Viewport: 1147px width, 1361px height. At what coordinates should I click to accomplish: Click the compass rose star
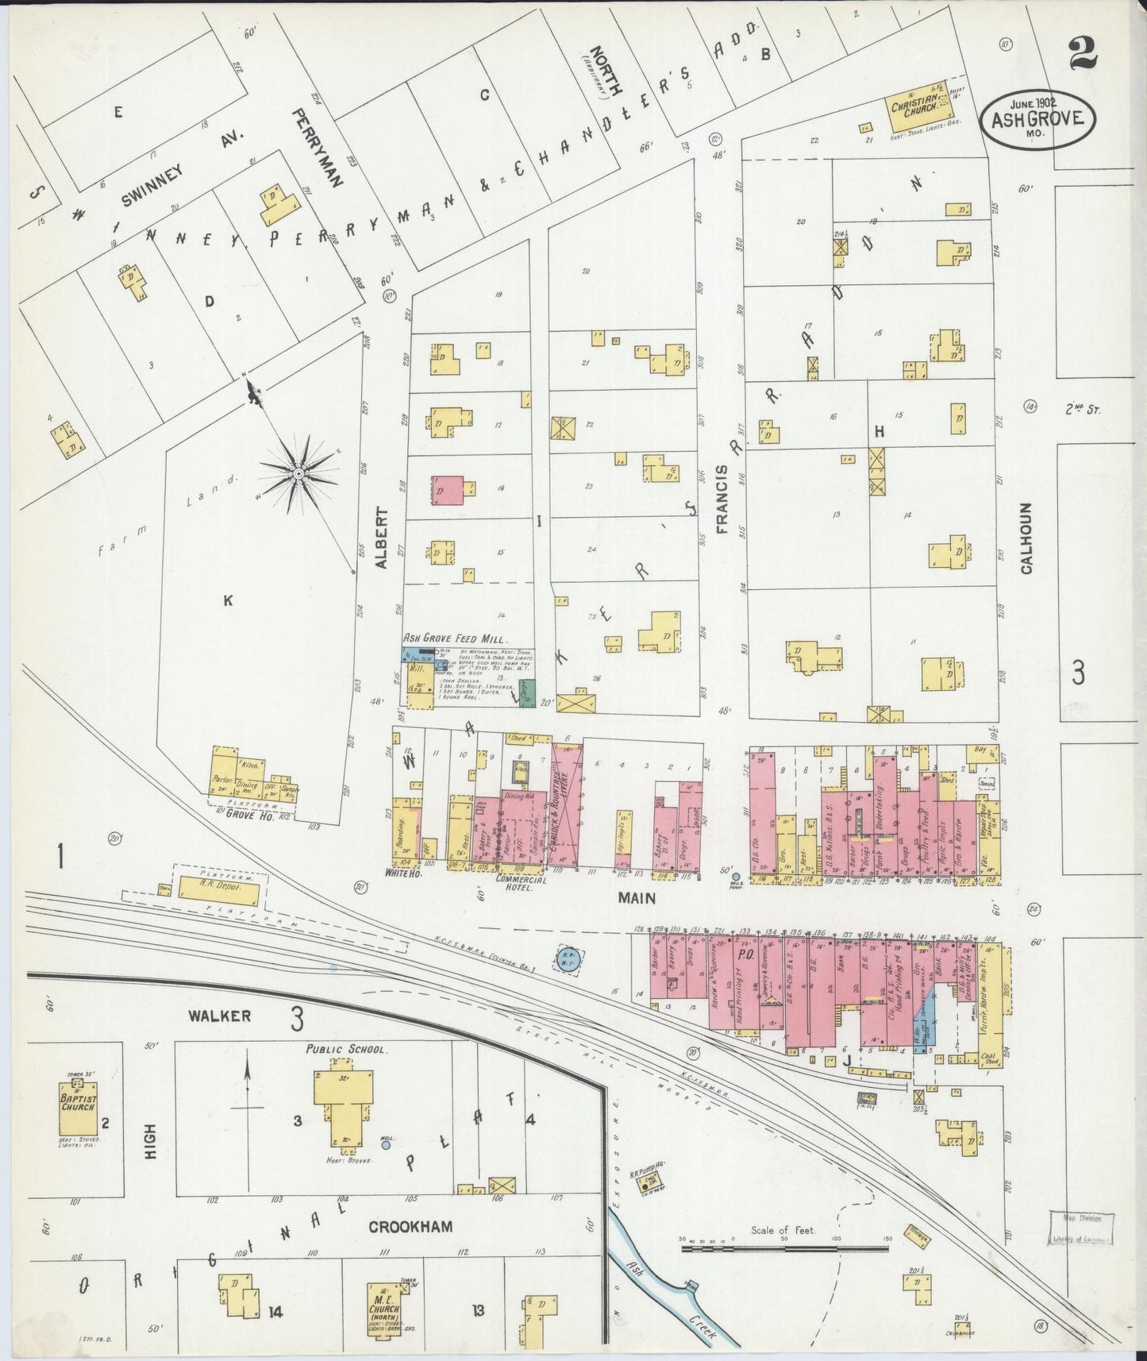[298, 474]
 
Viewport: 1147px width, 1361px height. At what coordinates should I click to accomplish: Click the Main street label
[637, 898]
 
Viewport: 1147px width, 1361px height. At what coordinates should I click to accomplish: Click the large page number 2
[1082, 54]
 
